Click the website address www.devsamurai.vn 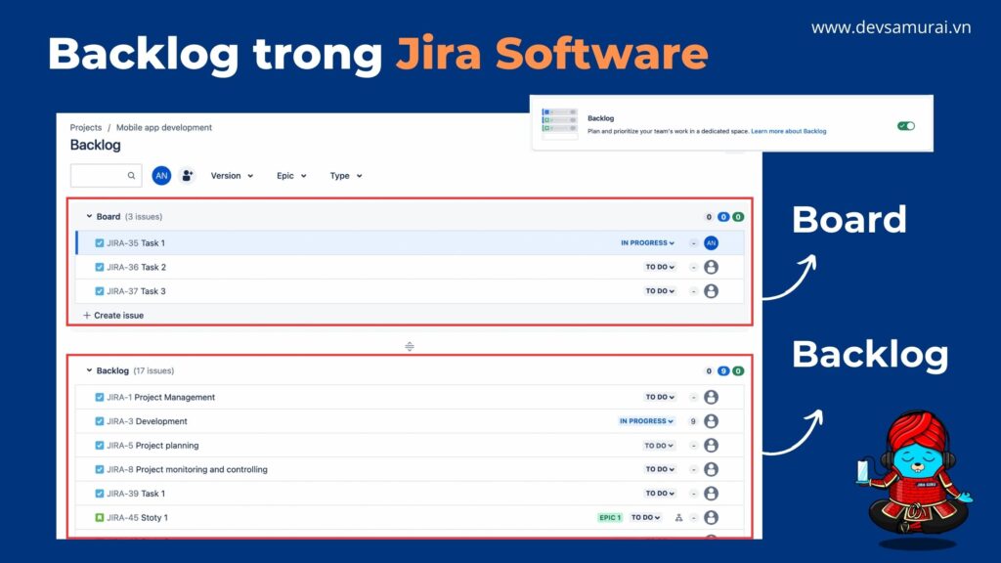tap(891, 27)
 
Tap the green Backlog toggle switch tap(905, 126)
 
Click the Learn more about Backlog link tap(789, 131)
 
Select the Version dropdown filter tap(232, 176)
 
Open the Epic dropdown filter tap(291, 176)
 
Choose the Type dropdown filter tap(346, 176)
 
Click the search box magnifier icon tap(131, 176)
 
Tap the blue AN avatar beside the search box tap(161, 176)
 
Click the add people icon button tap(187, 176)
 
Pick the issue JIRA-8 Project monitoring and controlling tap(187, 469)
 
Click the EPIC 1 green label tap(609, 517)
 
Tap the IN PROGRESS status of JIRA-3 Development tap(646, 421)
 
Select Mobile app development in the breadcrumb tap(164, 127)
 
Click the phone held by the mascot tap(862, 470)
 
